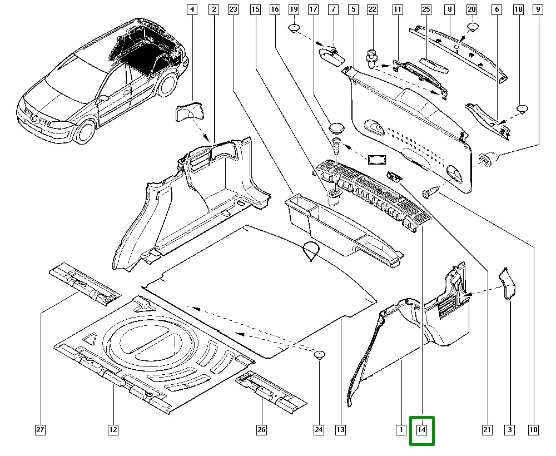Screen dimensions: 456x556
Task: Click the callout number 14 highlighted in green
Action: [422, 430]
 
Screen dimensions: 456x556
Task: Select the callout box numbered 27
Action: [41, 430]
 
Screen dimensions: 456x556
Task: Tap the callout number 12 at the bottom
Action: [113, 430]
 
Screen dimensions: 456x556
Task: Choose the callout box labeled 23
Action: [233, 9]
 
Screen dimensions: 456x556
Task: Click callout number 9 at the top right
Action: [538, 9]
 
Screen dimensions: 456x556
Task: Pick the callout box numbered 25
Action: [426, 9]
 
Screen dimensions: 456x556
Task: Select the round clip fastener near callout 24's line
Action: [320, 355]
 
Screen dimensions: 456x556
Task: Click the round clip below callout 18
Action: [523, 109]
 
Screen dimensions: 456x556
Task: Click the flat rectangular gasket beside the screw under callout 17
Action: [378, 160]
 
